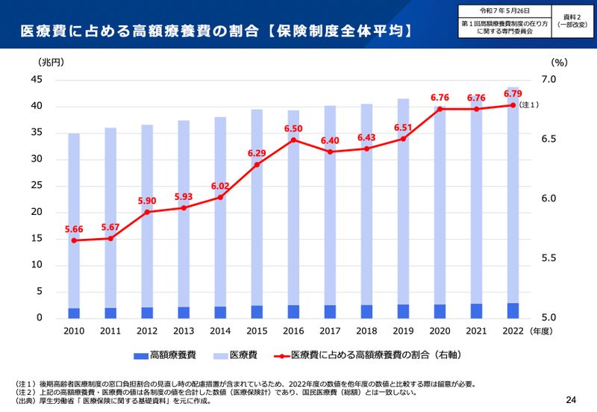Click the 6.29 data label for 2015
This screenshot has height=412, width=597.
tap(257, 154)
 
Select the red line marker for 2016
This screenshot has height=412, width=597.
tap(293, 140)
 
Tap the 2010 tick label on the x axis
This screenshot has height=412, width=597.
tap(74, 330)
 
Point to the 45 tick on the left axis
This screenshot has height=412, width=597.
tap(37, 80)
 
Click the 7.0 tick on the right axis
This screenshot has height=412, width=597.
tap(549, 80)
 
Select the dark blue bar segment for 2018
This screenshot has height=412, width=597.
tap(366, 311)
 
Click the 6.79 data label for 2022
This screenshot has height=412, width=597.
tap(513, 94)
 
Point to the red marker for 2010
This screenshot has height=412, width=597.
tap(74, 240)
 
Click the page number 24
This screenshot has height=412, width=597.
tap(571, 399)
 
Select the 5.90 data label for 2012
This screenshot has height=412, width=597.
tap(147, 201)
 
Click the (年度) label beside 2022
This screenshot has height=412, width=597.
tap(543, 330)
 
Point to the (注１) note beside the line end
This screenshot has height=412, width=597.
tap(528, 105)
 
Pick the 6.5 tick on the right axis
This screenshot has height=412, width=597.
tap(549, 140)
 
